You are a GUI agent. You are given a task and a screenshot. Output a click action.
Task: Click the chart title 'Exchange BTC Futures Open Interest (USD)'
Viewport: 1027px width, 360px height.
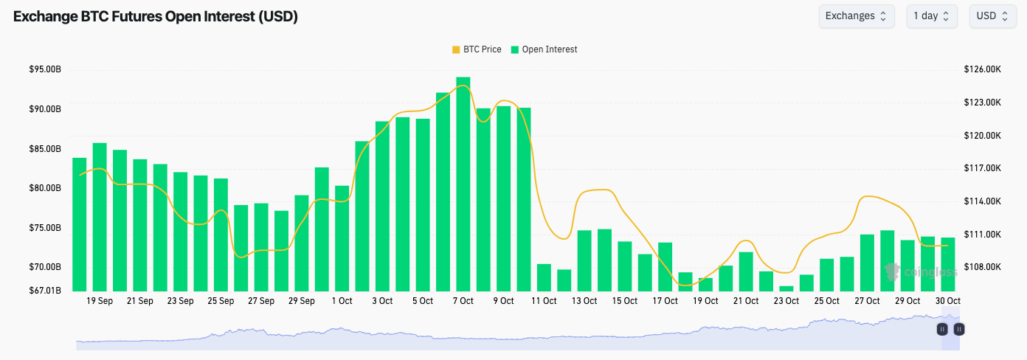(156, 16)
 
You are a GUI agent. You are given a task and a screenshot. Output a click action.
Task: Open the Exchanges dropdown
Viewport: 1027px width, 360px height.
(856, 16)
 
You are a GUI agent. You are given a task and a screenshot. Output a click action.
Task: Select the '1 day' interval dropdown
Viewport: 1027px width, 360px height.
(932, 16)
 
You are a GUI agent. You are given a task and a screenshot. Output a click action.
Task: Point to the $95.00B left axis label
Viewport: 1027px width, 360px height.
(45, 69)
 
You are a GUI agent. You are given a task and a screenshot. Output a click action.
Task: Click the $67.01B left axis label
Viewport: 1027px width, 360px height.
(45, 290)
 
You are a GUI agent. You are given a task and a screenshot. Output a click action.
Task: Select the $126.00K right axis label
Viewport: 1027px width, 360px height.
(982, 69)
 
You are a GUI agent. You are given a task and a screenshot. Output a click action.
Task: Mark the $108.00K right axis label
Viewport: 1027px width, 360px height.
(982, 267)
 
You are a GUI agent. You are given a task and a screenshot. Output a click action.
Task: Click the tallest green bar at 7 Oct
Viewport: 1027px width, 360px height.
(463, 184)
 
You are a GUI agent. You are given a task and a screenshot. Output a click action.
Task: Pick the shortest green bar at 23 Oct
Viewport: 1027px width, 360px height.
(786, 288)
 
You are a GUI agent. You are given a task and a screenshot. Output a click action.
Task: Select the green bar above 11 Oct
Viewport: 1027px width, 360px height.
(544, 277)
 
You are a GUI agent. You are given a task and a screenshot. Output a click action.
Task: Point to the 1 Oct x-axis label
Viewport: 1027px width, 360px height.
(342, 301)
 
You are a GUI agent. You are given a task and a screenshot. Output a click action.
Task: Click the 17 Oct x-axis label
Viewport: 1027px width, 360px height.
(665, 301)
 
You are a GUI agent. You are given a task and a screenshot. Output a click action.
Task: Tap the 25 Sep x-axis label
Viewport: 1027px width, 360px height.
(221, 301)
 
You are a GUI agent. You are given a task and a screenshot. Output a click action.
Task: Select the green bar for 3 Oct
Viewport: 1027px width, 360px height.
(382, 207)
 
